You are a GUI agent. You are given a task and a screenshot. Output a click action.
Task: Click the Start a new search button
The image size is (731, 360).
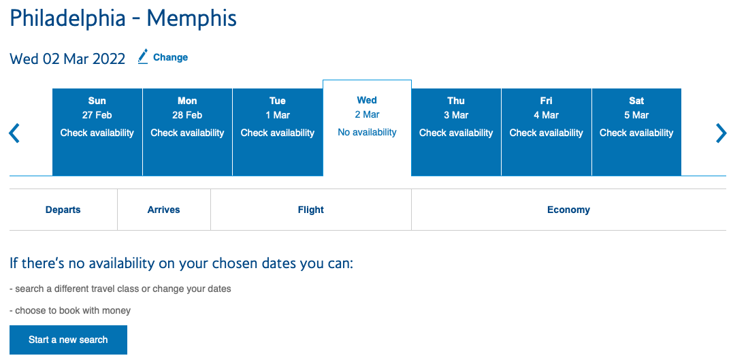point(68,340)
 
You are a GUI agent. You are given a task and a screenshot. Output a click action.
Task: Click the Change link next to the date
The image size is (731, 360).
point(170,57)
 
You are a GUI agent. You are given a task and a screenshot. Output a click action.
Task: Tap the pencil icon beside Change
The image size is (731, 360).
point(143,56)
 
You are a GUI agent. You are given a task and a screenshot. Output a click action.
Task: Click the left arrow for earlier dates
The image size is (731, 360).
point(14,133)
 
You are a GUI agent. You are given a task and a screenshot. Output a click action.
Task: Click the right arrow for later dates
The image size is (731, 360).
point(721,133)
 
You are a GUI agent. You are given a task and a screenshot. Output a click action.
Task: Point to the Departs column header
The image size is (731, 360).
point(63,210)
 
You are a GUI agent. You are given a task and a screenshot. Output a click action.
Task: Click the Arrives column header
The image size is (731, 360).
point(164,210)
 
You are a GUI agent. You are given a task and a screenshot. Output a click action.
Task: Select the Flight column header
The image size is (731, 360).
point(311,210)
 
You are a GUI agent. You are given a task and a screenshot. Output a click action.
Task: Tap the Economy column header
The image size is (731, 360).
point(568,210)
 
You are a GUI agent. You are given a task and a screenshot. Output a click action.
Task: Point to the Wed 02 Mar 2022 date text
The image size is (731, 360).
point(67,59)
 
